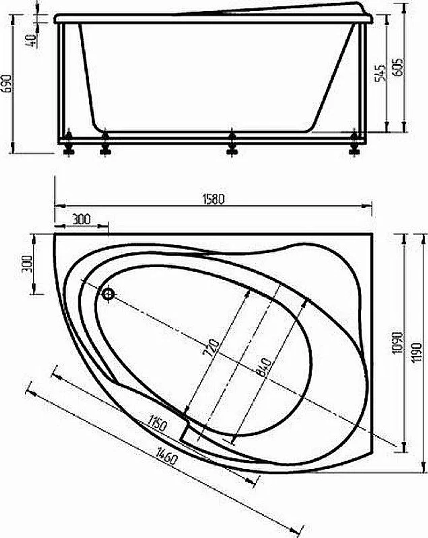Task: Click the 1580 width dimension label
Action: (x=213, y=199)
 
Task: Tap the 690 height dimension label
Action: (x=7, y=83)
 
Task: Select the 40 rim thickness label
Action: (x=31, y=41)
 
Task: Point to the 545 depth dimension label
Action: (x=380, y=73)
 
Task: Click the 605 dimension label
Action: (x=398, y=67)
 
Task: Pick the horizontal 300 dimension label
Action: (x=81, y=219)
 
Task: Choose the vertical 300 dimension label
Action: (x=27, y=264)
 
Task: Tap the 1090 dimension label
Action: (x=397, y=343)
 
